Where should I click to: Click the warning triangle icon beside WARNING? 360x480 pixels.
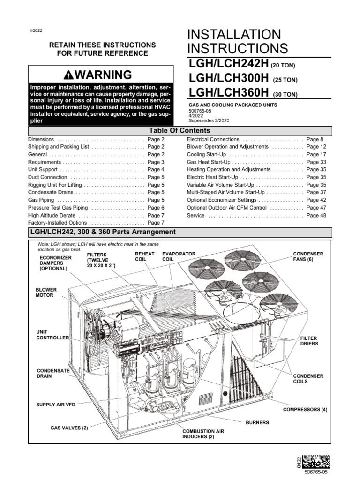pos(69,75)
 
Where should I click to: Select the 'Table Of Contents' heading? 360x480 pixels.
pos(180,131)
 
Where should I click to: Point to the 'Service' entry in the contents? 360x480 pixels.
pos(195,215)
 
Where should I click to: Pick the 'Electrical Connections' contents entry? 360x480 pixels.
pos(213,139)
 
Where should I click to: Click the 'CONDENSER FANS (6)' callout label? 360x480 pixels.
pos(308,257)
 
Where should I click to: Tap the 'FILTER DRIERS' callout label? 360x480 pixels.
pos(309,340)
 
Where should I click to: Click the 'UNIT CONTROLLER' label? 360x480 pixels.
pos(52,335)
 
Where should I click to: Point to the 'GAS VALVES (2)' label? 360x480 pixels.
pos(69,428)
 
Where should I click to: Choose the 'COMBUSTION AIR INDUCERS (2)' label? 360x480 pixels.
pos(198,434)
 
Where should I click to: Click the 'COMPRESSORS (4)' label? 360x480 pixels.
pos(305,409)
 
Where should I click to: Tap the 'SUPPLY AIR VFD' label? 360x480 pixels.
pos(56,404)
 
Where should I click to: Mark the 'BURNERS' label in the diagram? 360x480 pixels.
pos(257,422)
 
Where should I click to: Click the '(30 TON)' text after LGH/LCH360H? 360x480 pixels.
pos(285,94)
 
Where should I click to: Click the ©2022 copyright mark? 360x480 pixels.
pos(36,30)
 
